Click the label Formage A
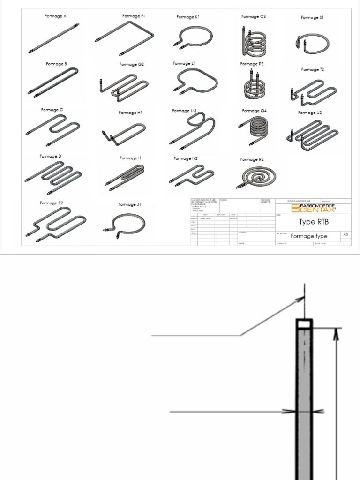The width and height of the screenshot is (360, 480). [55, 16]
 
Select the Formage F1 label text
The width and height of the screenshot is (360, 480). [134, 16]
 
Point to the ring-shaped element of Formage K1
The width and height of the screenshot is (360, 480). [194, 36]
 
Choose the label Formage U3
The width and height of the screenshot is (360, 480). [309, 112]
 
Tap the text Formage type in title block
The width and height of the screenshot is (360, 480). [309, 236]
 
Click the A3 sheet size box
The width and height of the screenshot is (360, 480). [345, 234]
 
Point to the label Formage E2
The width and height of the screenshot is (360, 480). [52, 203]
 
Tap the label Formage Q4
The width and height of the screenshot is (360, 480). [254, 111]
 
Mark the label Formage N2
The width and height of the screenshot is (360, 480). [186, 158]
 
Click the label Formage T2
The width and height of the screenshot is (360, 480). [313, 69]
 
